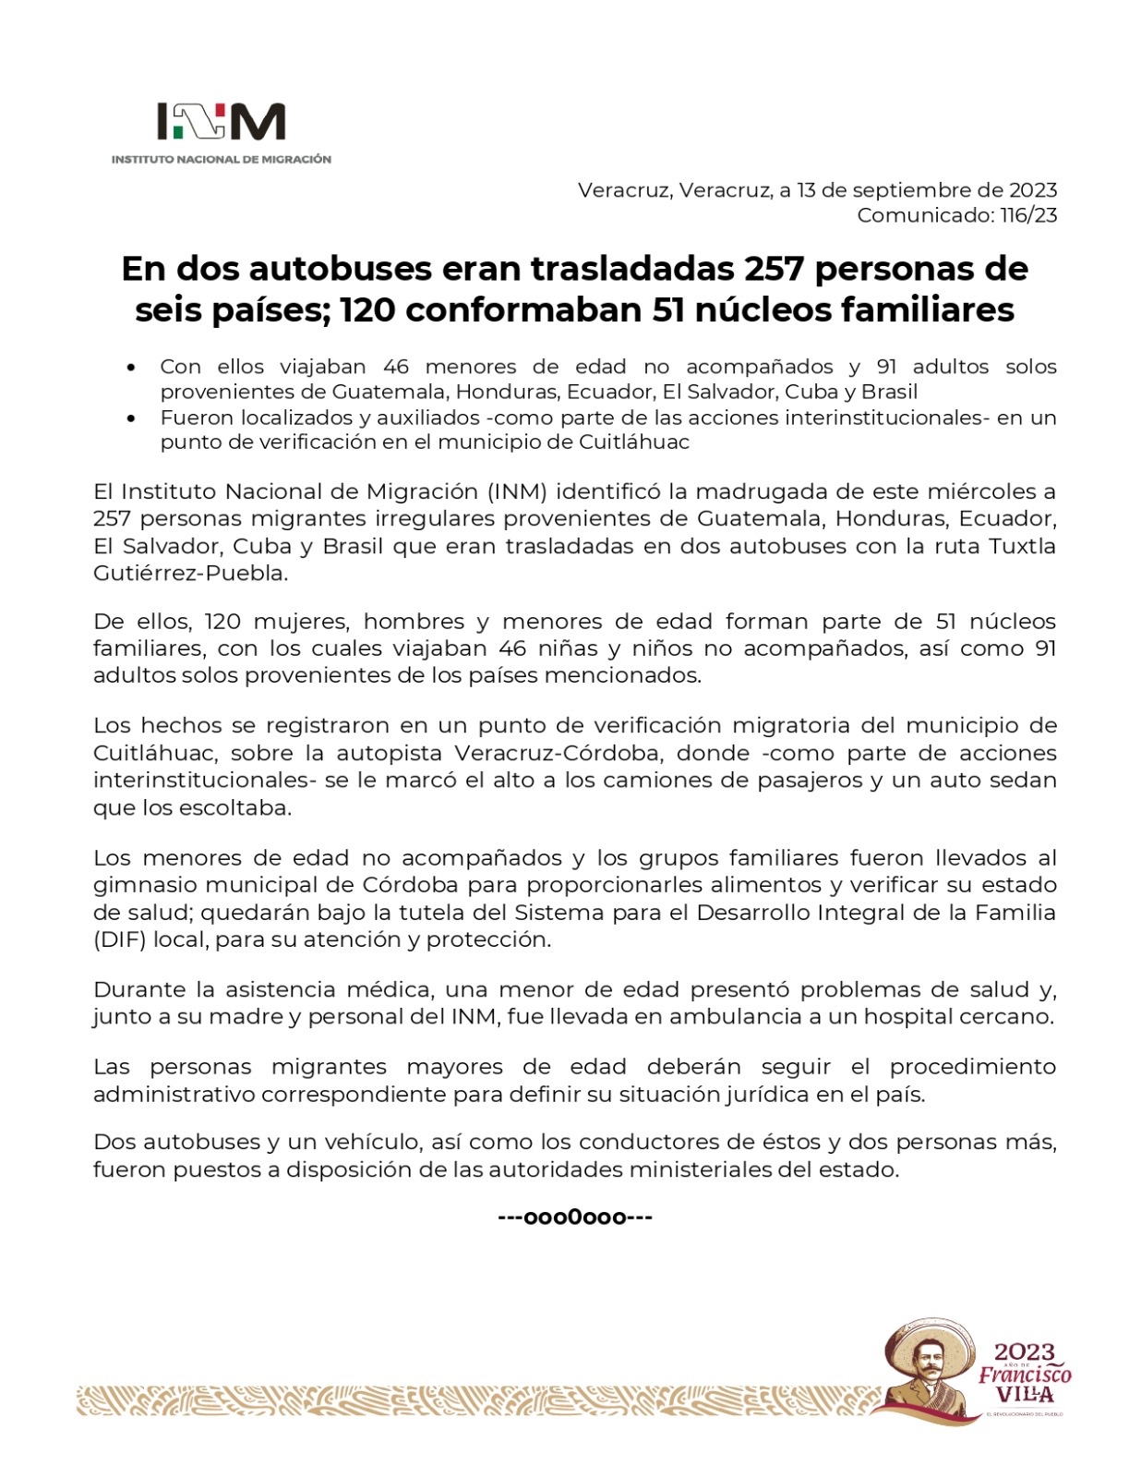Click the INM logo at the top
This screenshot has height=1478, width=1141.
222,122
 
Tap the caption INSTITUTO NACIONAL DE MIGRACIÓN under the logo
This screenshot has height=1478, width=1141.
222,160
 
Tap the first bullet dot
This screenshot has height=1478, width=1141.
133,368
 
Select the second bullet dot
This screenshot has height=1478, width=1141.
133,418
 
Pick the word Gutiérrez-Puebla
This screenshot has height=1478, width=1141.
190,573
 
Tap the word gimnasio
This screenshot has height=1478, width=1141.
145,885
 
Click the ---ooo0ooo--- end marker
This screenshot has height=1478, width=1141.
575,1218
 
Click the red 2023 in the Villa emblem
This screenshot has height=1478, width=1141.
1024,1354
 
